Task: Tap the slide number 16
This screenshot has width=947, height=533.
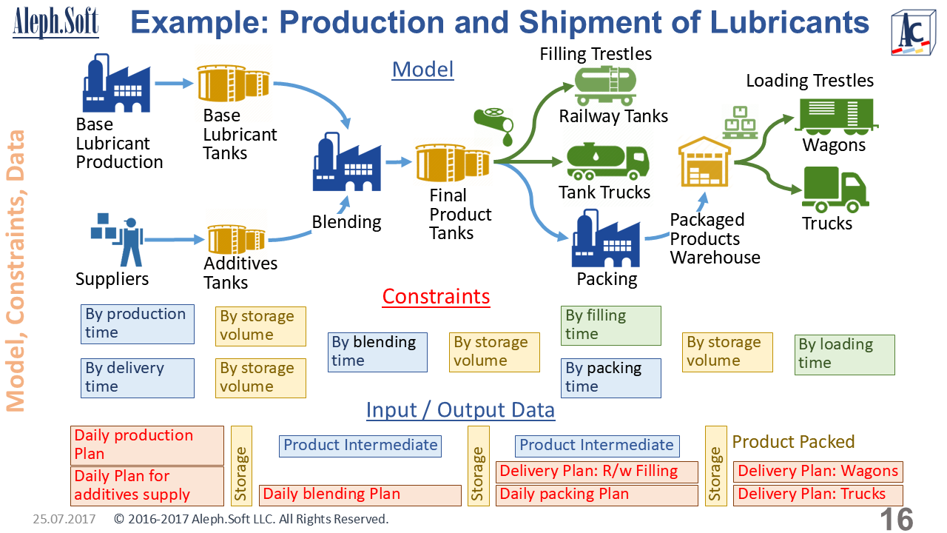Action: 897,519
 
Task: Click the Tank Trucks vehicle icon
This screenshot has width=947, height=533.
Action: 607,162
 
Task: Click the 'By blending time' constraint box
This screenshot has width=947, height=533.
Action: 377,352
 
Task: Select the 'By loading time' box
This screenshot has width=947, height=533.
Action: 845,354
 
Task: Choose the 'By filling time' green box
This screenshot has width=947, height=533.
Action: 610,325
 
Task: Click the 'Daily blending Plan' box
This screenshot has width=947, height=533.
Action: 360,495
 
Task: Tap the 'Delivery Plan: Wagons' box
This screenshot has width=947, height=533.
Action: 818,472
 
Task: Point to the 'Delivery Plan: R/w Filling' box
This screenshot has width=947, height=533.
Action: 596,472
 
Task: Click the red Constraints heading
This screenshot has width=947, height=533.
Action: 436,297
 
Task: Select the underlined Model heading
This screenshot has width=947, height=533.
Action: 422,70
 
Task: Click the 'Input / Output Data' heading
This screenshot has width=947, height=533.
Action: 460,410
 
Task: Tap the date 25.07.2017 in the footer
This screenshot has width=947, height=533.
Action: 64,519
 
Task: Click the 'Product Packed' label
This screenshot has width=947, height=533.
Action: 793,442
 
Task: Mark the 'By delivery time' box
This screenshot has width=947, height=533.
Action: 138,378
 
